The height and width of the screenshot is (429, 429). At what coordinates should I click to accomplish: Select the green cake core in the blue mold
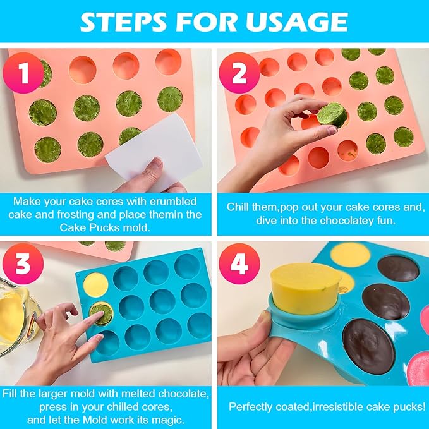[x=100, y=313]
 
